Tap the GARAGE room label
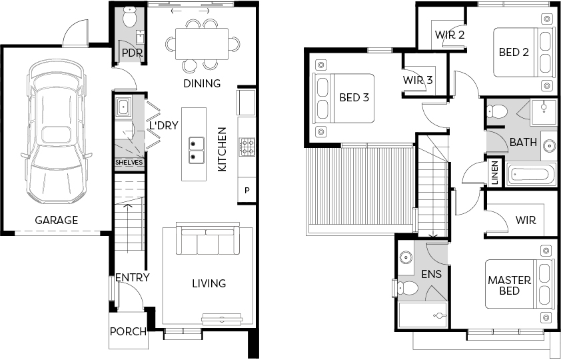57,220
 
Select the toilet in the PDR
129,17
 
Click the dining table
202,43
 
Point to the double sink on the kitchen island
197,150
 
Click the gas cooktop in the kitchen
247,147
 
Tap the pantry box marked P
247,191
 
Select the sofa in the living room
208,238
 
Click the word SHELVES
129,163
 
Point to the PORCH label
128,332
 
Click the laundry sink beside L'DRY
123,107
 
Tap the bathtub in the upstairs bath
531,175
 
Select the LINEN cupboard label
495,173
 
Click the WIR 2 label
450,35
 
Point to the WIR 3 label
418,80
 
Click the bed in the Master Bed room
518,284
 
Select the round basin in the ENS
405,257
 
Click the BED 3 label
354,97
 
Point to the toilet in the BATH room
497,111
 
